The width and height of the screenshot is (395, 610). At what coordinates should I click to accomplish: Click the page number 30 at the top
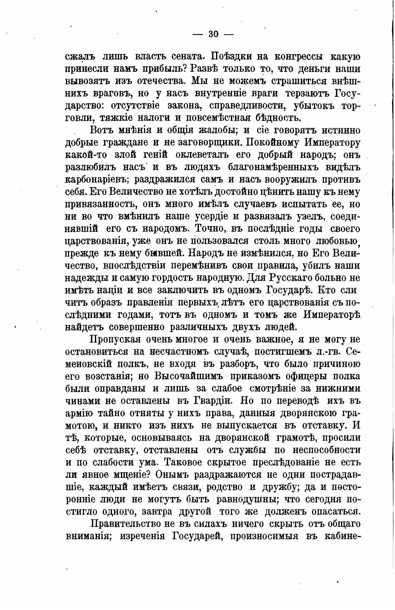click(x=213, y=34)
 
